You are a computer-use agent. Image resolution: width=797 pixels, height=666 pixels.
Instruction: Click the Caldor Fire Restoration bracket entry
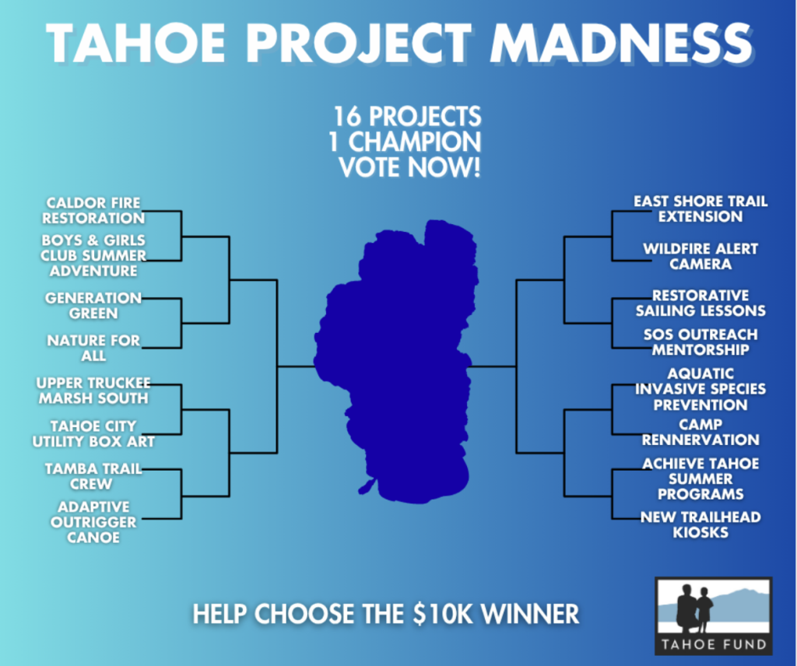click(93, 210)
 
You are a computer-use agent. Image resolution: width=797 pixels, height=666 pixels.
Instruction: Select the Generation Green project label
click(93, 305)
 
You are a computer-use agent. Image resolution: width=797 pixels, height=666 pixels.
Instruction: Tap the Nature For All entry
click(93, 348)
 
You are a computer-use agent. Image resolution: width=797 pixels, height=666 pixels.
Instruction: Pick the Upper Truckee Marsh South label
click(93, 391)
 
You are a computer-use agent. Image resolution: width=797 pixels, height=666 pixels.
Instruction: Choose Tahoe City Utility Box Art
click(93, 433)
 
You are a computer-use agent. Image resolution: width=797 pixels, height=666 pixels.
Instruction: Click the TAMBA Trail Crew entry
click(93, 476)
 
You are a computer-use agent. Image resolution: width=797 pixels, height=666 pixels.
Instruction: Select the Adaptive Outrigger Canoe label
click(93, 522)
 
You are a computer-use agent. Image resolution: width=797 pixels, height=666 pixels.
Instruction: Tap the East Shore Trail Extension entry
click(700, 209)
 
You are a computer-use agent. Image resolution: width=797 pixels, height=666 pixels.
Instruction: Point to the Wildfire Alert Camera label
click(700, 257)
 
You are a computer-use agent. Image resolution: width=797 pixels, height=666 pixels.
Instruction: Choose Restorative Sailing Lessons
click(700, 303)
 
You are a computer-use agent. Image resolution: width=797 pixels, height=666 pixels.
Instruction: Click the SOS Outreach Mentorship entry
click(700, 342)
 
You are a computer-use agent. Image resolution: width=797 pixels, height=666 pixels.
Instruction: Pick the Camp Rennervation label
click(700, 432)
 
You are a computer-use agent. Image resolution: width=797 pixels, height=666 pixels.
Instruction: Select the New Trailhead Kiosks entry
click(700, 524)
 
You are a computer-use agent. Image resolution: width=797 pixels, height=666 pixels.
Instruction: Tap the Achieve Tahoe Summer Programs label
click(700, 478)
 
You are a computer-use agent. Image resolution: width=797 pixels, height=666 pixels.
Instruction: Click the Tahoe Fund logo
click(714, 615)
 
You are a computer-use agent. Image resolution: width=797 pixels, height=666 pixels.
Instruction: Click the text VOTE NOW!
click(409, 167)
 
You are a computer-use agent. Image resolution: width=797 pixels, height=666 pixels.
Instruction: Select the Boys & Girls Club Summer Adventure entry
click(93, 255)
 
